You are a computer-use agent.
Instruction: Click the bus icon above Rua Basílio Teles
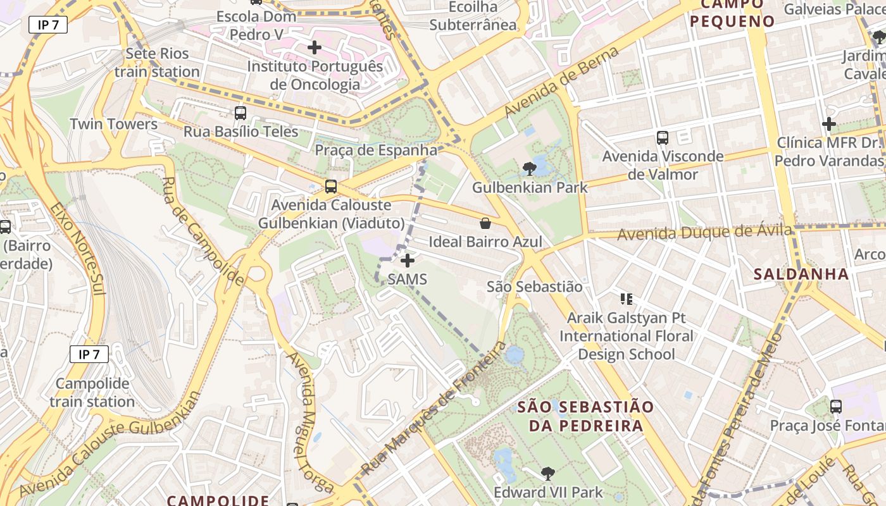240,113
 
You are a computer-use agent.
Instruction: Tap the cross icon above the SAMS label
408,261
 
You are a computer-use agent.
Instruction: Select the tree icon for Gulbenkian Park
530,169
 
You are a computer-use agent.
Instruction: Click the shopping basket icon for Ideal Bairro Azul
485,223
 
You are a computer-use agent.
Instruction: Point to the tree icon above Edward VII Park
547,473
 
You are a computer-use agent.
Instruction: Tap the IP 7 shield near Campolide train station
89,354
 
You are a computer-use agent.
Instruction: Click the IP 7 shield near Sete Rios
48,25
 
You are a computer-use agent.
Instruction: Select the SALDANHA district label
801,274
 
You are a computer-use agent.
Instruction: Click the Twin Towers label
114,124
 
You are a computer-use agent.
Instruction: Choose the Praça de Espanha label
376,151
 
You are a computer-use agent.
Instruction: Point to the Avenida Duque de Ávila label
704,232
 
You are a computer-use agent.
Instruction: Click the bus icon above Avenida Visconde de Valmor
663,137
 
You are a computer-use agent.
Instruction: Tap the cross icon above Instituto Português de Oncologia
315,47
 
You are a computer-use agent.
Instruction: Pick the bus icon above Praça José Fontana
836,407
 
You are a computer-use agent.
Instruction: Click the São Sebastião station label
534,287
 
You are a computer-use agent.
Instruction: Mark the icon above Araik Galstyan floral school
627,299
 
